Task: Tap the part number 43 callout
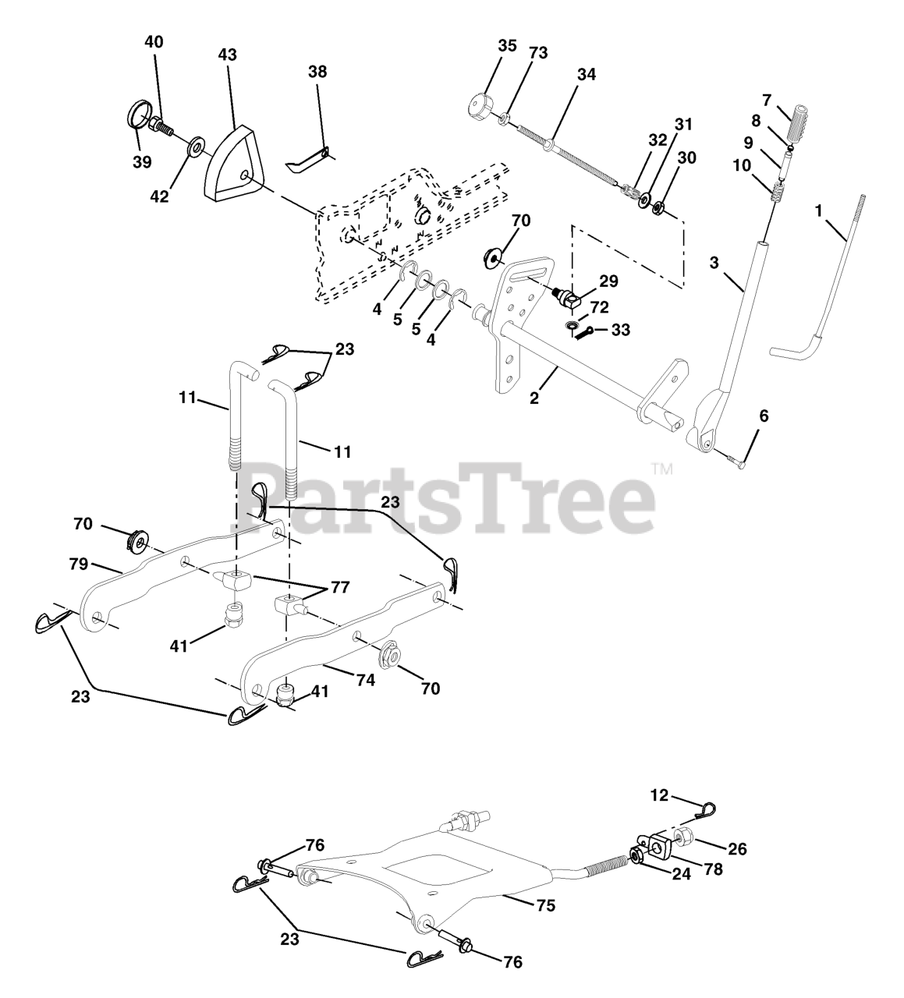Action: [x=228, y=55]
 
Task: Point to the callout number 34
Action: [x=586, y=75]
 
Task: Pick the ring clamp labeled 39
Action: [x=137, y=116]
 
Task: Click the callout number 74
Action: [x=365, y=680]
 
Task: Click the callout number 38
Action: [x=317, y=71]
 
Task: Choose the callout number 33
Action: [x=620, y=330]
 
